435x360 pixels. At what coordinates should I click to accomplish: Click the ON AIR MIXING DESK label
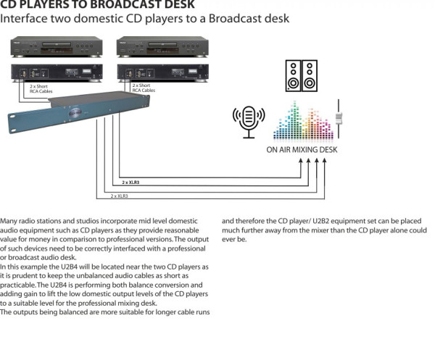pos(301,150)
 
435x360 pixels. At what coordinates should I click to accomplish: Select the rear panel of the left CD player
pos(56,72)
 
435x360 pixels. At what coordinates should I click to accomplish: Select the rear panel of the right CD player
pos(162,72)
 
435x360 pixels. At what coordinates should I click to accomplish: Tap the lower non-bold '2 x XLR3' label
pos(119,196)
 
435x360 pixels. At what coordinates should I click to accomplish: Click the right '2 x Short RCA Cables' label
pos(144,88)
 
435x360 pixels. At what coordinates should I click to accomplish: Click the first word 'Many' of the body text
pos(9,220)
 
